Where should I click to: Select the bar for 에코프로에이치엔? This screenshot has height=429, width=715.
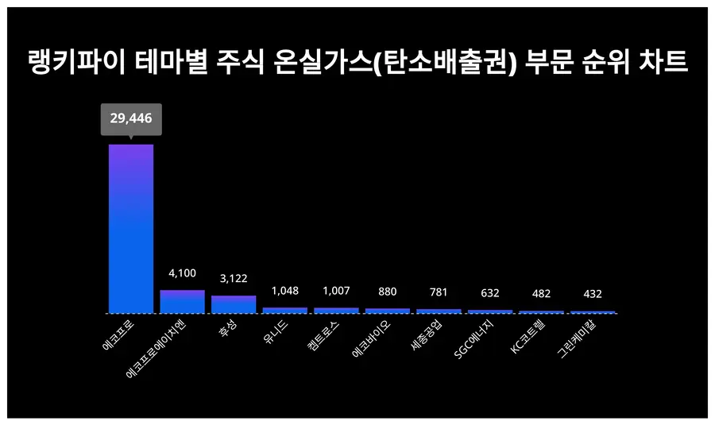tap(182, 301)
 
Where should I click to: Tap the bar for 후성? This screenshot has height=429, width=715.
tap(234, 304)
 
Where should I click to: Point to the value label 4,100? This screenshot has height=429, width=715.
tap(182, 272)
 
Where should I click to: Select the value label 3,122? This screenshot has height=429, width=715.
tap(234, 278)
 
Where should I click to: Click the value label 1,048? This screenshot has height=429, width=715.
tap(284, 290)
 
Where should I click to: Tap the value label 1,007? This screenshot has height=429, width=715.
tap(336, 290)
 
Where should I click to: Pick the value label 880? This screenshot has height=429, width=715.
tap(387, 291)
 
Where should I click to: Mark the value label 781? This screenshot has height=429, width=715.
tap(439, 292)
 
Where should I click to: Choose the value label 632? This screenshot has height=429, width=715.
tap(489, 292)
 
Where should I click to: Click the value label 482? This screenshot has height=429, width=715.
tap(541, 293)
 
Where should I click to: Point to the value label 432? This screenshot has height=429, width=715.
tap(592, 294)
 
